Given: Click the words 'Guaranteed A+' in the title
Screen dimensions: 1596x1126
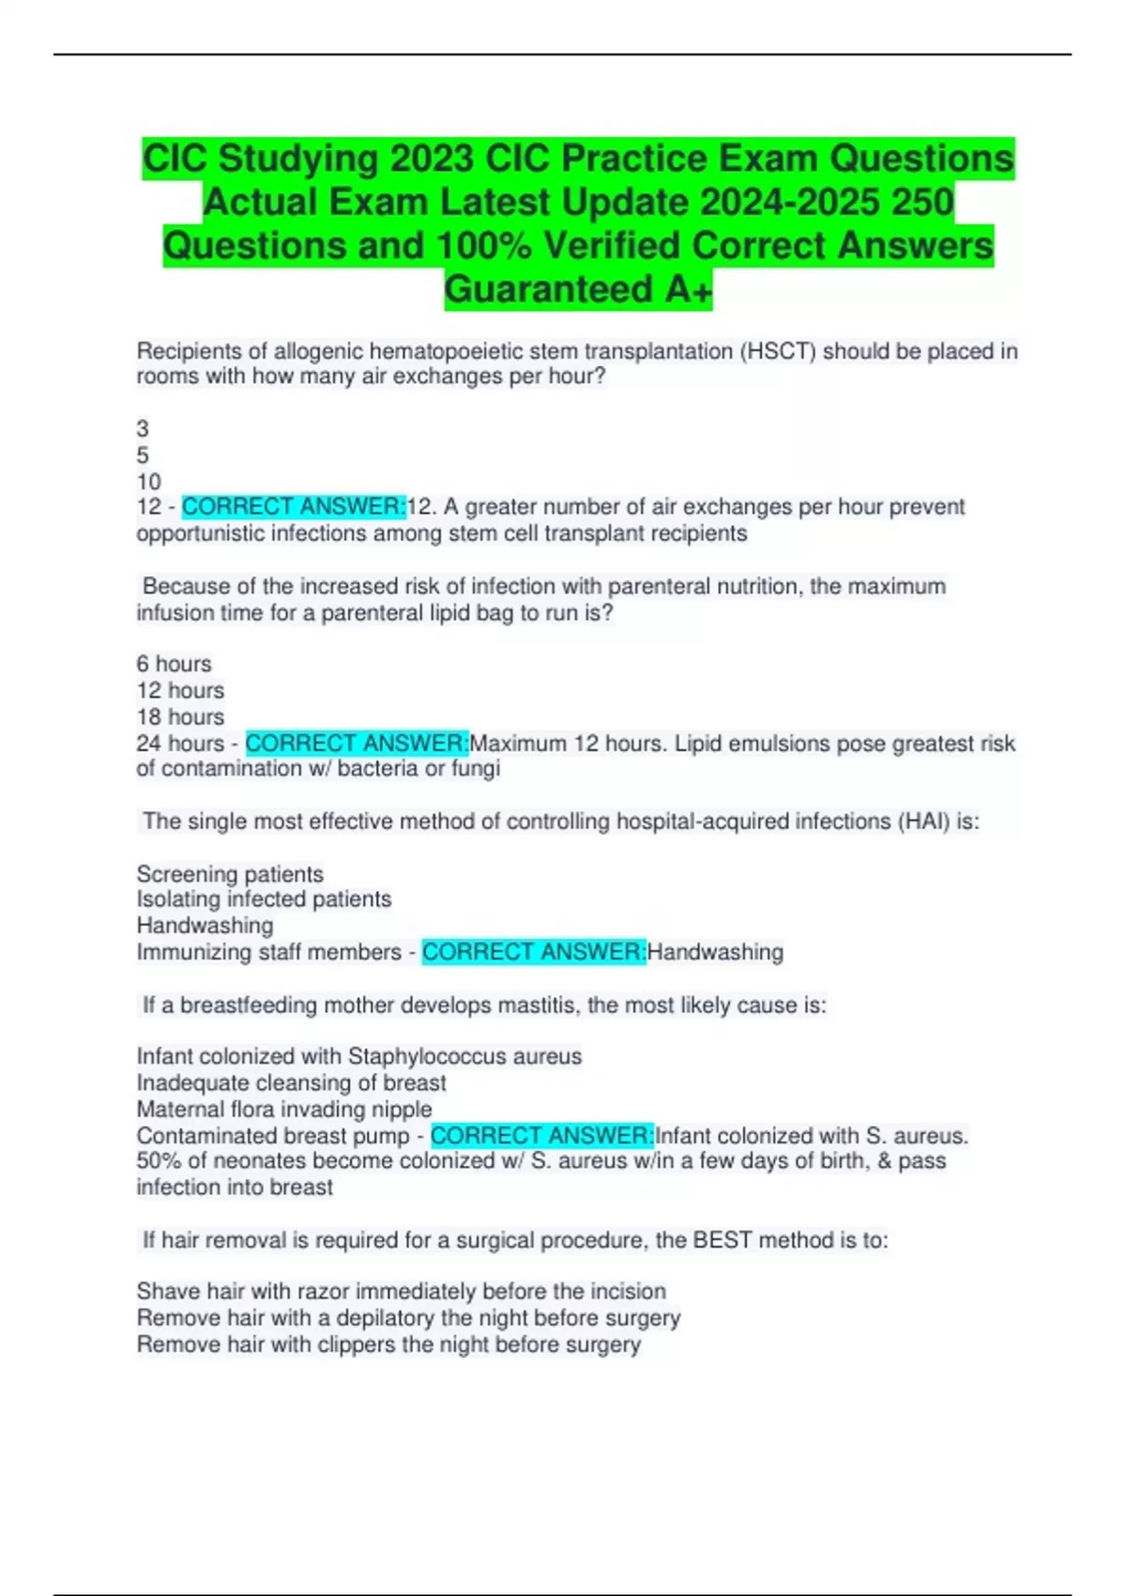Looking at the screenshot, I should [578, 289].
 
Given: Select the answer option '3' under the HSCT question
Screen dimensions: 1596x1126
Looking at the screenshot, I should [143, 429].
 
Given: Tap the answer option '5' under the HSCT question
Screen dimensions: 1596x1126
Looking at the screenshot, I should [143, 455].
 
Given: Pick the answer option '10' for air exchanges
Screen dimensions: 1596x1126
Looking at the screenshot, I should [149, 482].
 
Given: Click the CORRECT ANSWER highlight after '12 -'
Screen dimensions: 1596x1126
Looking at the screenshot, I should [294, 507].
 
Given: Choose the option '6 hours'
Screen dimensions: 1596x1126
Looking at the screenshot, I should [175, 664].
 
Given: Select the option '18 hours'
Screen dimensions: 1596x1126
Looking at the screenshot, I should [180, 716].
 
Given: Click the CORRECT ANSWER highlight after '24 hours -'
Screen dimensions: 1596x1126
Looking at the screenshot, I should [357, 744].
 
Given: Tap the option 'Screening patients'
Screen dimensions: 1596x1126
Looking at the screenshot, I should [230, 874].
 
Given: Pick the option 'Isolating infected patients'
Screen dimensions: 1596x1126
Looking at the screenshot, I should [264, 899].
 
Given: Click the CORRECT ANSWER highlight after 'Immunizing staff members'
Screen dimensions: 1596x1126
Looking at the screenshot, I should [533, 952].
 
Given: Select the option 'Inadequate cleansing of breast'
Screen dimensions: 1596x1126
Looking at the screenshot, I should [291, 1082].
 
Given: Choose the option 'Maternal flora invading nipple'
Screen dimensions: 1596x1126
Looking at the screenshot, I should [284, 1109].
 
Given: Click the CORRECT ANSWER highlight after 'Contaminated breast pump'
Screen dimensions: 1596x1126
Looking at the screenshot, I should [541, 1136].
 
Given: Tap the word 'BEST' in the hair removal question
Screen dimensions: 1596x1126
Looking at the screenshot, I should [723, 1240].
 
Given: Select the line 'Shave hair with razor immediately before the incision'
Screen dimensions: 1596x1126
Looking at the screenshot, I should [401, 1292].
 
